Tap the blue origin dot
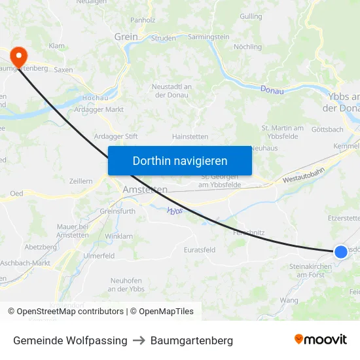[340, 252]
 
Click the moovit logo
[321, 340]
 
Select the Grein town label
[126, 37]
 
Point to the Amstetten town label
[145, 189]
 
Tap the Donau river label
[272, 90]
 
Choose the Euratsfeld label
[200, 250]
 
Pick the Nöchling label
[247, 47]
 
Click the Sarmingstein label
[208, 37]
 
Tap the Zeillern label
[81, 180]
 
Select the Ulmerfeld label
[99, 255]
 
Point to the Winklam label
[118, 236]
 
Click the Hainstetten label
[190, 136]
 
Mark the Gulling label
[251, 16]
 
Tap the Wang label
[289, 300]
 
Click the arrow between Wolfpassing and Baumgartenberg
[139, 340]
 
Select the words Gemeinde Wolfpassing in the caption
[70, 340]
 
